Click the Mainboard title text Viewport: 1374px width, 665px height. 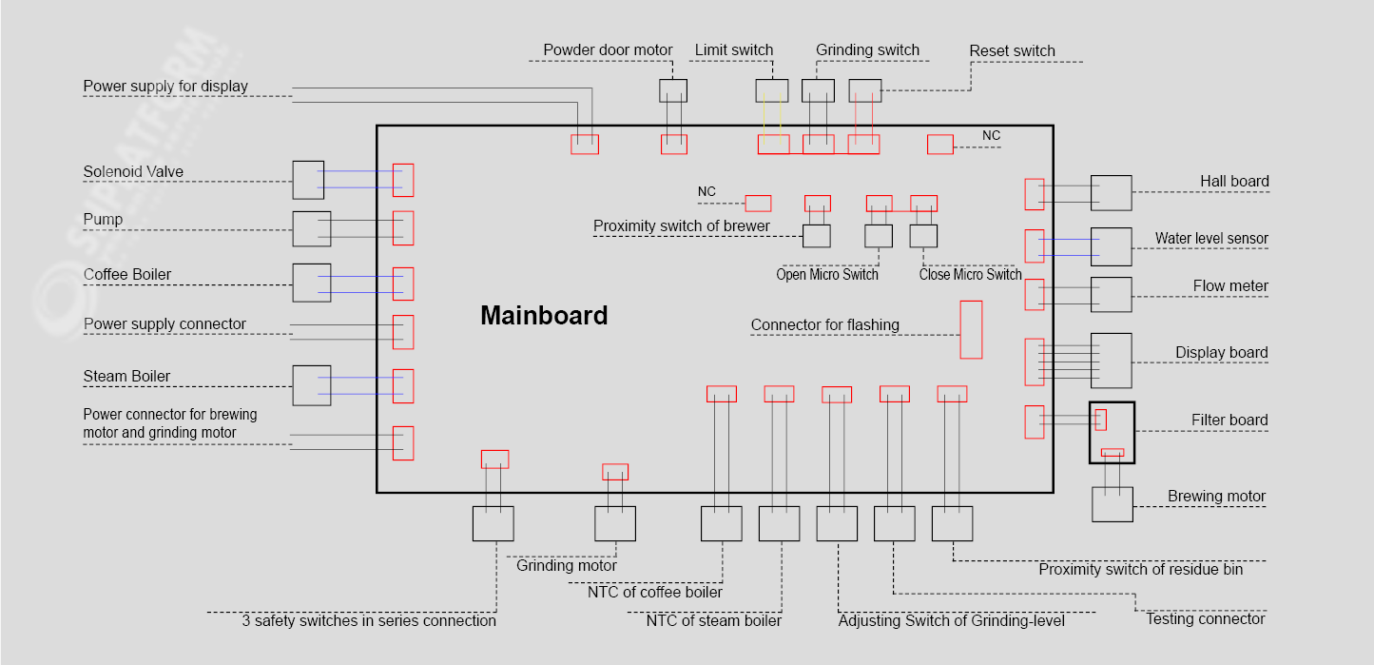click(x=544, y=316)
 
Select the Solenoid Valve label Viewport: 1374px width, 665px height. click(x=133, y=172)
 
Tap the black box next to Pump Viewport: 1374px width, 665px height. click(x=311, y=229)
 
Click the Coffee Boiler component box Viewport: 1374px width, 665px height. click(x=311, y=283)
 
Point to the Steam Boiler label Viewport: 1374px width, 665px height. click(x=126, y=377)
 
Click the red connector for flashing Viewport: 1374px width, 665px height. click(x=971, y=329)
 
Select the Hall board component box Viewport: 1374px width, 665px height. click(x=1111, y=193)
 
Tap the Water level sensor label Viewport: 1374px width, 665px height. click(x=1211, y=239)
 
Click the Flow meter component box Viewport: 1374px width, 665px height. click(x=1111, y=295)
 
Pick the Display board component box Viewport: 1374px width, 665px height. click(x=1111, y=361)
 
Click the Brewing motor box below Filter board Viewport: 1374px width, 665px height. click(x=1112, y=504)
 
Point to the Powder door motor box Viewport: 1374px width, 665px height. click(x=673, y=90)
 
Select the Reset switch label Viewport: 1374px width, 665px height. click(x=1012, y=51)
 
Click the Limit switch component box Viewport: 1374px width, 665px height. click(x=771, y=90)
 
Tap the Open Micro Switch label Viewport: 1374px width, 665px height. click(x=827, y=275)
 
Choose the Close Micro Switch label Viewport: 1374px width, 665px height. click(x=970, y=275)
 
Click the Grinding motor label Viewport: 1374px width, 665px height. click(x=567, y=566)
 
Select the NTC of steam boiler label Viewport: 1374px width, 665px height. click(x=713, y=621)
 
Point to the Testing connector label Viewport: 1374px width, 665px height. click(x=1205, y=619)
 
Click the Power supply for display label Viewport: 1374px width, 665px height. click(x=165, y=87)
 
